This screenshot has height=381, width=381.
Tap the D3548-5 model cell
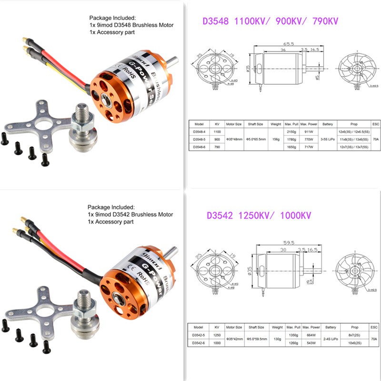point(200,139)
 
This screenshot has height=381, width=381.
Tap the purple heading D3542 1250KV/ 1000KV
point(259,216)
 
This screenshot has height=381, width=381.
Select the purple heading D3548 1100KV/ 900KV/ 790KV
point(270,22)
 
